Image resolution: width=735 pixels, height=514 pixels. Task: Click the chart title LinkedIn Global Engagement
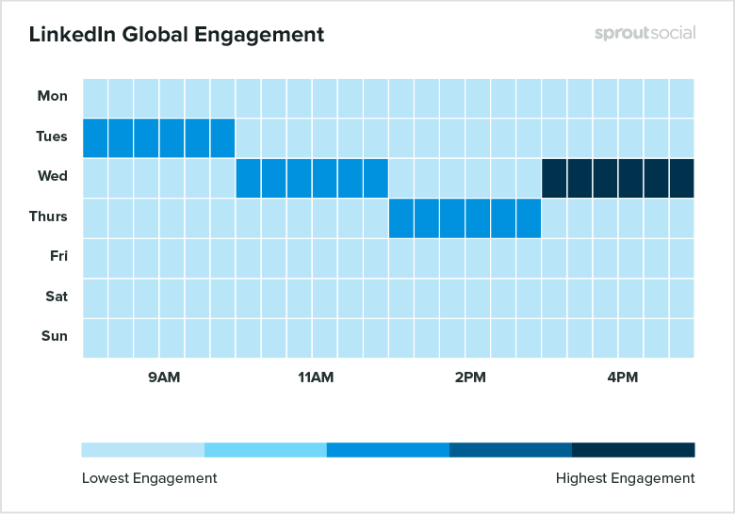point(176,35)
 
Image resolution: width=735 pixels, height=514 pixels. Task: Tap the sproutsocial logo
point(645,33)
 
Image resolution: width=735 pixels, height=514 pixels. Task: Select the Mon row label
point(53,96)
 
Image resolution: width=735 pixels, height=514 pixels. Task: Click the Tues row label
point(52,137)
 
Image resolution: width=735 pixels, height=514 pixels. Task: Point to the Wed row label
point(53,176)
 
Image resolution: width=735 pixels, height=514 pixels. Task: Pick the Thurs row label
point(48,217)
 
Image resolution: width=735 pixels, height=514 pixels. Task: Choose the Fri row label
point(57,256)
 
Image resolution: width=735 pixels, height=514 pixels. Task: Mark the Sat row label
point(57,297)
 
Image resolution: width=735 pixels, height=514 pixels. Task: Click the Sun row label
point(56,336)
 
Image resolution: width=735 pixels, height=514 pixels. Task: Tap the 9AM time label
point(164,378)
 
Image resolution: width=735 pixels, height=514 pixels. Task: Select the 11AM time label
point(316,378)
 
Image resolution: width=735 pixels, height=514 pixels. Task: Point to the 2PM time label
point(469,378)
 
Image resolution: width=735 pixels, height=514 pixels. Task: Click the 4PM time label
point(622,378)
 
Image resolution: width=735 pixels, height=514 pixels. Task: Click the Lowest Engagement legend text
point(149,478)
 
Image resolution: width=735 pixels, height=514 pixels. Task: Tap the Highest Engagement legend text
point(625,478)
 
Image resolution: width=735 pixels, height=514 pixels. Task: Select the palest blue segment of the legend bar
point(143,449)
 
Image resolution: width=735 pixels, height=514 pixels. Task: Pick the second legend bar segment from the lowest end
point(266,449)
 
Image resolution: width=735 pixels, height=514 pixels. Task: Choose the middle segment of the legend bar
point(388,449)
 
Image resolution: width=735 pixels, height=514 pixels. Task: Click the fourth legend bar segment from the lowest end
point(511,449)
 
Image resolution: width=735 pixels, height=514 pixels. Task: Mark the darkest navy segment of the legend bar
point(633,449)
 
